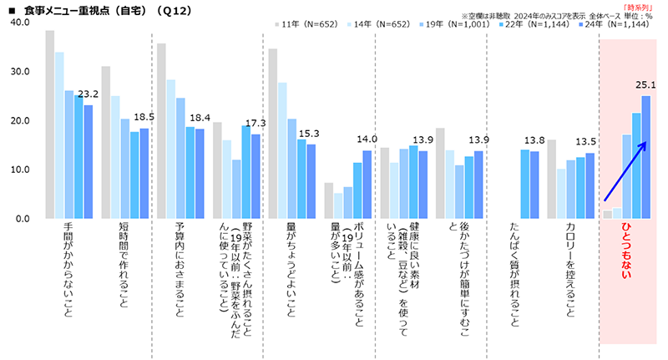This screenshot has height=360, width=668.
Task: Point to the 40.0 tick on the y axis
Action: pos(18,23)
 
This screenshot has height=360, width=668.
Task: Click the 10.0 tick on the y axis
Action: pos(18,170)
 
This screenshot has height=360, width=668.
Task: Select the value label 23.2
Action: pos(89,94)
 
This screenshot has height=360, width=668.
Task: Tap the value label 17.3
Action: pos(256,123)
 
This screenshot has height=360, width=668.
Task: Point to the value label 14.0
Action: pos(367,139)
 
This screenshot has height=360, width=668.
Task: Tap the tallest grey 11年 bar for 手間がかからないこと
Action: pos(50,125)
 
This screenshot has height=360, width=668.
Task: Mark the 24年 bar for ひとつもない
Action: pos(645,157)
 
